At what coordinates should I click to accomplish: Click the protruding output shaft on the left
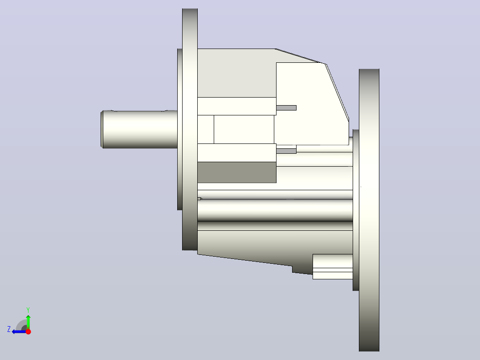point(139,129)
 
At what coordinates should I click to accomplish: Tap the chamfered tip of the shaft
point(102,129)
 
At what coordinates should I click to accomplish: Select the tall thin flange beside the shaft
point(190,129)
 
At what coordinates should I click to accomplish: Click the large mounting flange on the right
point(369,210)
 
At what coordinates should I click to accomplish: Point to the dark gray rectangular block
point(237,172)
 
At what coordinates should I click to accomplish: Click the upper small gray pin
point(286,108)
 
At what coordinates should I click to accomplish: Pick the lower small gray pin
point(286,151)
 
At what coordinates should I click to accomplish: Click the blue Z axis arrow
point(19,331)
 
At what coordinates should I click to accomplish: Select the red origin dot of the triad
point(28,331)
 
